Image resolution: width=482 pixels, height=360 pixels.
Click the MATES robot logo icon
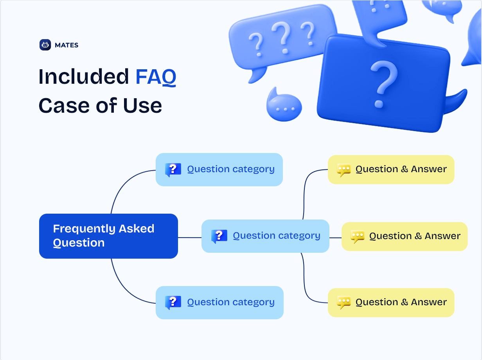(x=45, y=45)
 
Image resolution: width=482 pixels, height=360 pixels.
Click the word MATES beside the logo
(x=67, y=45)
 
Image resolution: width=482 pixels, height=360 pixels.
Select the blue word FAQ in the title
(x=156, y=77)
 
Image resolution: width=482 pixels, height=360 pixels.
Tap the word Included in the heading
(x=83, y=76)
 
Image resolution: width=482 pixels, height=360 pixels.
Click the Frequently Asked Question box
(x=108, y=236)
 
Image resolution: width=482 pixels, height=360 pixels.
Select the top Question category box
(x=219, y=169)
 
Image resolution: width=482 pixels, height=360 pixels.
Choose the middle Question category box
(x=265, y=236)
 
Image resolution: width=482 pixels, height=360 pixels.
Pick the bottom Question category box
(x=219, y=302)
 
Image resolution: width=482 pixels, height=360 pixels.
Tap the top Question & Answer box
(x=391, y=169)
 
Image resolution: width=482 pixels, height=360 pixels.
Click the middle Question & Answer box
(x=405, y=237)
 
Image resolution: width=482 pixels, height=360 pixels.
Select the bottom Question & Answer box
(x=391, y=302)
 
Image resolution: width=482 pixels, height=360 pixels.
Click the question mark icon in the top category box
(x=173, y=170)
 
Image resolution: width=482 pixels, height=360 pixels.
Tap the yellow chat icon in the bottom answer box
(x=344, y=302)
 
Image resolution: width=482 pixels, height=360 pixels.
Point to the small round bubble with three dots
(x=284, y=105)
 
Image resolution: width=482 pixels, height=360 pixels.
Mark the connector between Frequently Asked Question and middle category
(x=190, y=238)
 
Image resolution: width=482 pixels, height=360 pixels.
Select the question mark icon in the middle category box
(x=219, y=236)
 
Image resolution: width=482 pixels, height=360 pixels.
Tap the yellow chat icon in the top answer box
(x=344, y=170)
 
